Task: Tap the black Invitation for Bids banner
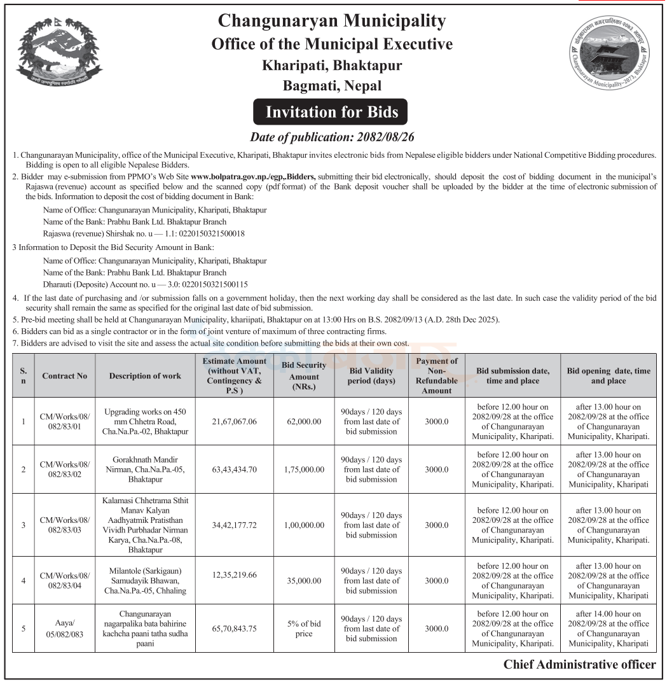point(331,113)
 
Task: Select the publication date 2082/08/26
point(382,137)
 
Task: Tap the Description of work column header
point(145,376)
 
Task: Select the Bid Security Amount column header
point(303,376)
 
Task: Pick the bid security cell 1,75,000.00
point(303,470)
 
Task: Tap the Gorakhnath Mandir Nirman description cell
point(145,470)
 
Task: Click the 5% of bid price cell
point(304,629)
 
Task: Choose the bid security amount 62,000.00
point(303,422)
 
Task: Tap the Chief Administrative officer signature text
point(579,665)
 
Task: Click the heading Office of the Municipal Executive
point(332,44)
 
